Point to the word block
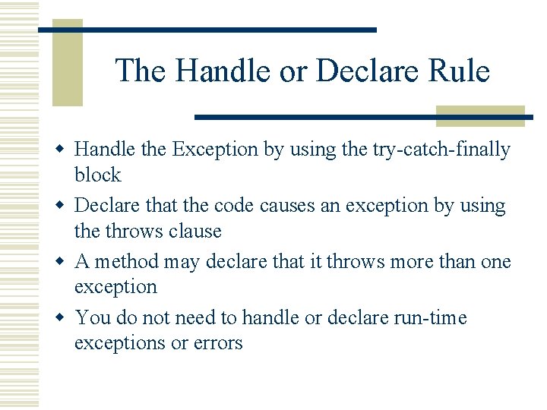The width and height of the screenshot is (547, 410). [97, 175]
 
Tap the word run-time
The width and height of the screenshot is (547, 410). [426, 318]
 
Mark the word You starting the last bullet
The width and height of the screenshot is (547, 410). [92, 318]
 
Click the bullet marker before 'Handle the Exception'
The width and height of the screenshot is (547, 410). [64, 150]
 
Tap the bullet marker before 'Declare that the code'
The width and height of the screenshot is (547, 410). [64, 206]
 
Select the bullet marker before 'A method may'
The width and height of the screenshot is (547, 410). [64, 262]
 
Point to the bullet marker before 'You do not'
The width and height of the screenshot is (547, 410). [64, 318]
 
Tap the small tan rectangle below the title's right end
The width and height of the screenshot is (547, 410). [480, 115]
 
